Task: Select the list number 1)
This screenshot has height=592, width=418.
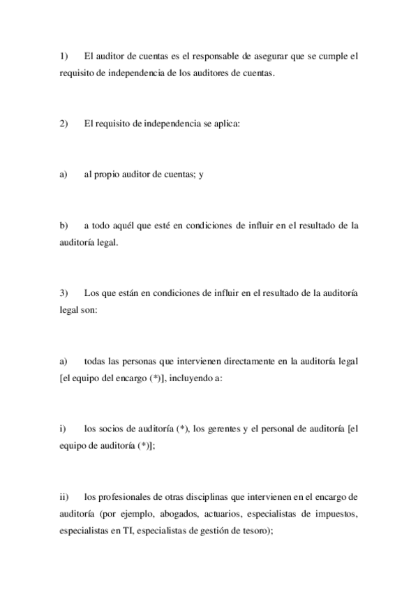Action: (64, 55)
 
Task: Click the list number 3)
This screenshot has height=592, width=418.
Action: (64, 293)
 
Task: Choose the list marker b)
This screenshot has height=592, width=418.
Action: (64, 225)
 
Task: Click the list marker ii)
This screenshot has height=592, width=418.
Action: (64, 498)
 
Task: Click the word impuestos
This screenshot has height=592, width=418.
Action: (333, 515)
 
